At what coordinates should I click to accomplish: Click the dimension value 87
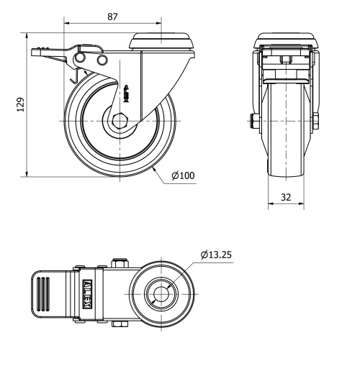point(112,17)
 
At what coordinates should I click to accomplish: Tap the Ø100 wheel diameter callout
point(183,175)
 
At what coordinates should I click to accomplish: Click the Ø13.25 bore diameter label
point(217,254)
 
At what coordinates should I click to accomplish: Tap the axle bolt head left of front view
point(254,120)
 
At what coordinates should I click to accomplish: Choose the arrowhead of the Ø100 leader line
point(156,167)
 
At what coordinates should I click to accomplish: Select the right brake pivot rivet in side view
point(101,58)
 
